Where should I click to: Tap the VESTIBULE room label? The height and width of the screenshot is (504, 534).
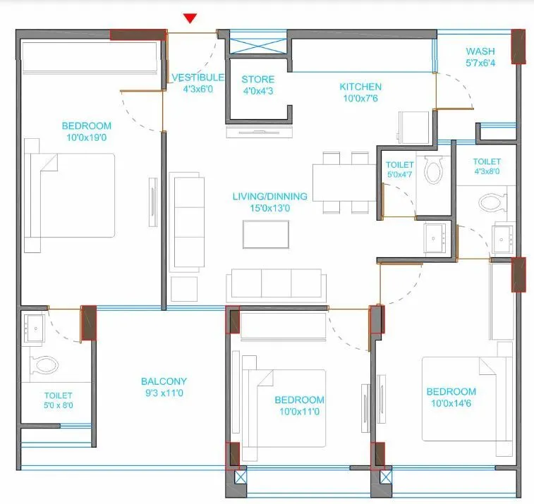pos(198,78)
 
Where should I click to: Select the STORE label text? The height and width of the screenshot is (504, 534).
pos(257,79)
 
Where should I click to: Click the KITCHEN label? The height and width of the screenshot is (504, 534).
pos(360,87)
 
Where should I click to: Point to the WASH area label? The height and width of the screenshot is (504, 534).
pos(480,51)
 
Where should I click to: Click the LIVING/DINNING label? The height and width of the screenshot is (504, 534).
pos(269,196)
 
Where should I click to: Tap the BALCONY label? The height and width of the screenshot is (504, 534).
pos(164,381)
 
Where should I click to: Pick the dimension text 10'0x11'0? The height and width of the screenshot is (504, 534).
pos(298,411)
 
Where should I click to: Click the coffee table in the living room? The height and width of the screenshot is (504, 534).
pos(265,234)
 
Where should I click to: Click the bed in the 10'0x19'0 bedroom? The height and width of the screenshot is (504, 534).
pos(68,195)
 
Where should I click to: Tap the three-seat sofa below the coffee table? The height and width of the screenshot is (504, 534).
pos(277,285)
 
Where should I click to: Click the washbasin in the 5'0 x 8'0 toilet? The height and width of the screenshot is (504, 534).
pos(34,328)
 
